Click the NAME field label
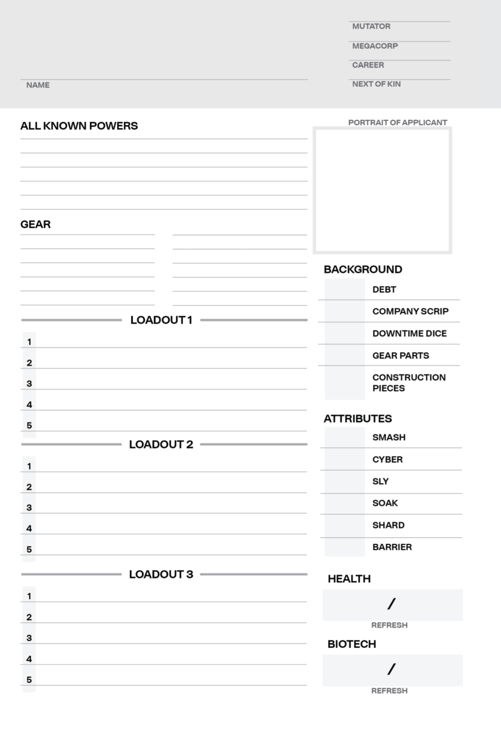coord(38,85)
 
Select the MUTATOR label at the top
coord(371,26)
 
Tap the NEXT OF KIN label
coord(376,84)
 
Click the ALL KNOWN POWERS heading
coord(79,126)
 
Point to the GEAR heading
coord(36,224)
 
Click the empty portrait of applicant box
coord(383,191)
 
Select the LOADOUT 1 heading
coord(161,320)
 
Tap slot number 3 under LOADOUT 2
coord(29,508)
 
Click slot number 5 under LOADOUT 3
coord(29,680)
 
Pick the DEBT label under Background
coord(384,290)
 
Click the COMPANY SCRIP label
coord(410,311)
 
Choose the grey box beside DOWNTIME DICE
coord(344,333)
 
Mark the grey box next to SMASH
coord(344,437)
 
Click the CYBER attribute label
coord(387,459)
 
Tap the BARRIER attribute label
coord(392,547)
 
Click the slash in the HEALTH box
coord(391,604)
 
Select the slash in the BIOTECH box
coord(391,669)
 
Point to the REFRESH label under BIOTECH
coord(389,691)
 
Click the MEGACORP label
coord(375,46)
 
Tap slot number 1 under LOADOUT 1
coord(29,342)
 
